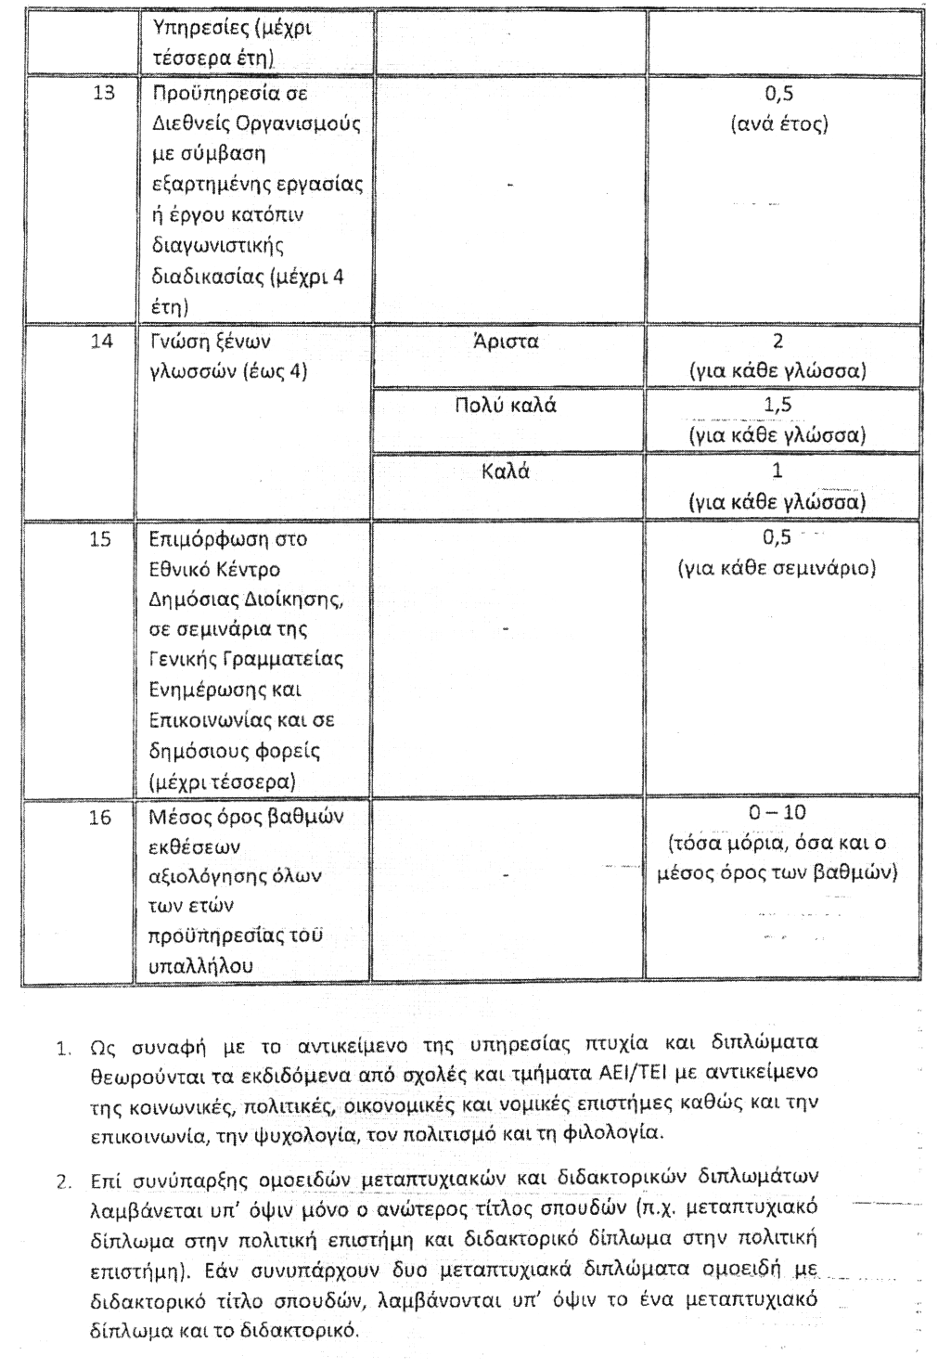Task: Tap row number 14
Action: click(102, 342)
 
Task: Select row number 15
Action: click(101, 539)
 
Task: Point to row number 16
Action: click(101, 818)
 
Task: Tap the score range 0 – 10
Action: click(777, 813)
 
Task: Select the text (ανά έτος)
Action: click(777, 124)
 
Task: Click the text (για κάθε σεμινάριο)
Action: click(777, 568)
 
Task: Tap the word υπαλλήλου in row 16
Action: click(201, 966)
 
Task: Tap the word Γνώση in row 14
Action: click(178, 342)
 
